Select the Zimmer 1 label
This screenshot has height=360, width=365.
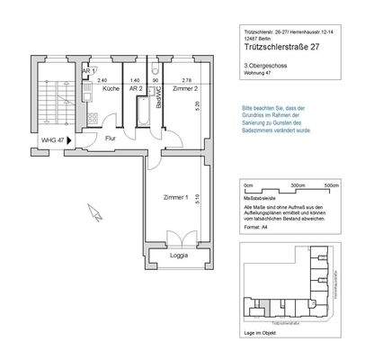174,197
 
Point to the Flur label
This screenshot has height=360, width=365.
111,139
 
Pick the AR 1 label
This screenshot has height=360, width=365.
87,71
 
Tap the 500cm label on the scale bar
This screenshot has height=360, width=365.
332,185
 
